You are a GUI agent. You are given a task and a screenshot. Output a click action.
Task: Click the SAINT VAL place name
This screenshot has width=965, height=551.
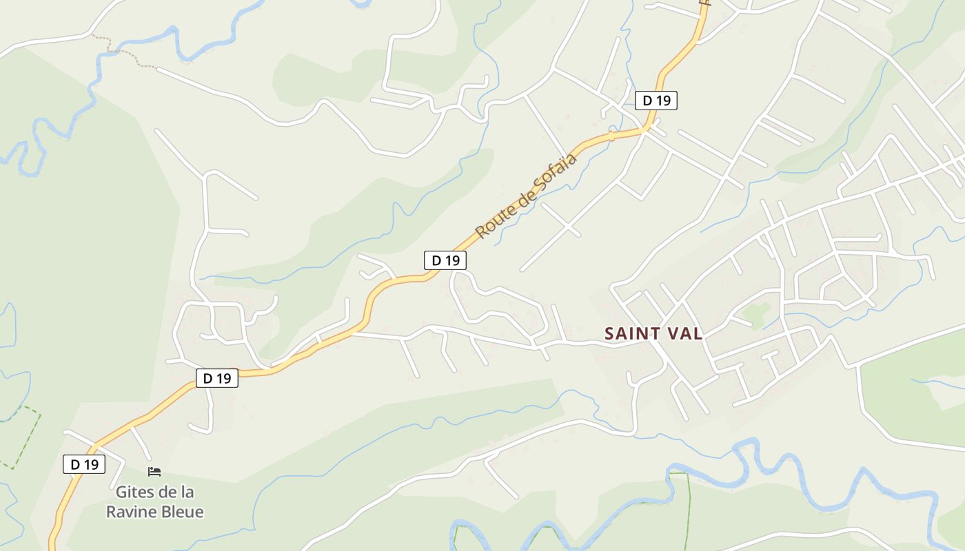click(x=653, y=334)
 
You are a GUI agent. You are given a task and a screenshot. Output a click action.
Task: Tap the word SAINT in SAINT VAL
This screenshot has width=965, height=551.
click(x=629, y=334)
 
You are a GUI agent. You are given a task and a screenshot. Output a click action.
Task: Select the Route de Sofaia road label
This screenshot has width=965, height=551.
click(x=525, y=197)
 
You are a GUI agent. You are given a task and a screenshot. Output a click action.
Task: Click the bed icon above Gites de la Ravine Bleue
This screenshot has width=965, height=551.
click(x=154, y=472)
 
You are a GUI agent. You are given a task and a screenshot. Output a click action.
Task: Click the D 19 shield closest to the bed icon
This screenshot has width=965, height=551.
click(x=84, y=464)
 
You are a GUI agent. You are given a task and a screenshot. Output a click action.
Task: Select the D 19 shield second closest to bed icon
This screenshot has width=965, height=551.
click(x=217, y=378)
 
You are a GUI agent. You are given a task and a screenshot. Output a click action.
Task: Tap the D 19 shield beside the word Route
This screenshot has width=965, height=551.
click(x=445, y=260)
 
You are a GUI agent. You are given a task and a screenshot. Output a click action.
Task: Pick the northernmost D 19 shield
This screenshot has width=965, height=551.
click(x=656, y=101)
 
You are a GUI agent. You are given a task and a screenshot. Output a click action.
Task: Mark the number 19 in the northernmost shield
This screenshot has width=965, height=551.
click(x=662, y=101)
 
